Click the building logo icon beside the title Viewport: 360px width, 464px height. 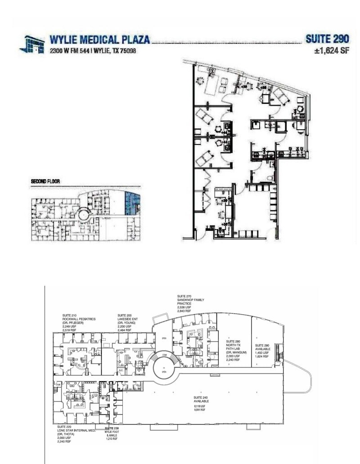32,44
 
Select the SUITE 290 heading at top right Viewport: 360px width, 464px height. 327,40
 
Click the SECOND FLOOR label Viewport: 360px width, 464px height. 45,182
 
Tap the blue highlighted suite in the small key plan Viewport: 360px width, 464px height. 130,203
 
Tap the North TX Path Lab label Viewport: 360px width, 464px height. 235,347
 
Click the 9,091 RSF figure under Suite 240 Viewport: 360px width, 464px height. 200,410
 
